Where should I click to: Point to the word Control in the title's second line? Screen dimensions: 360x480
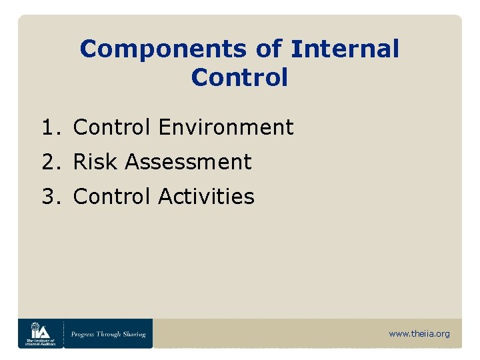(x=239, y=77)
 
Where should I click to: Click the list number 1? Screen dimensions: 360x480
(x=48, y=127)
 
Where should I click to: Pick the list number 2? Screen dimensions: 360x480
(x=48, y=162)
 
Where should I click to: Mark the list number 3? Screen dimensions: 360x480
(x=48, y=197)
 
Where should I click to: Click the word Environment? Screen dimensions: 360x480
(x=226, y=127)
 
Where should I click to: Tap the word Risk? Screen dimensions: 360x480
(x=95, y=162)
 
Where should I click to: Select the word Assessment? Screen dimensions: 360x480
(x=188, y=162)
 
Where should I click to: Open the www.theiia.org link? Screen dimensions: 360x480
(x=419, y=334)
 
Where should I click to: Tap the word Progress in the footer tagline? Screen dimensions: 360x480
(x=85, y=334)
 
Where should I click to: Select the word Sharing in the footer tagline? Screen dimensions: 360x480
(x=133, y=334)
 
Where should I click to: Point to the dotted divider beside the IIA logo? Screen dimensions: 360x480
(x=63, y=333)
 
